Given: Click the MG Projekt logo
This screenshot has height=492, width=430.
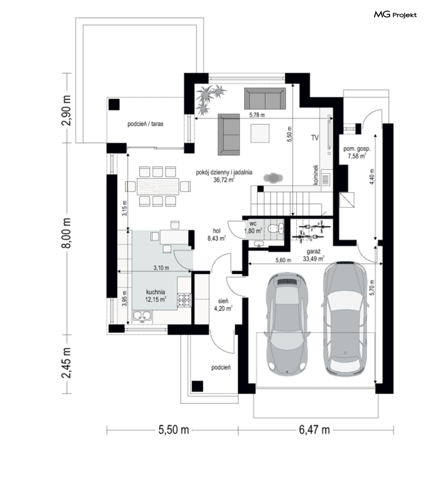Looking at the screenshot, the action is [x=395, y=15].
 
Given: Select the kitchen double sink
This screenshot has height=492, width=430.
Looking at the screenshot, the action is [x=142, y=316].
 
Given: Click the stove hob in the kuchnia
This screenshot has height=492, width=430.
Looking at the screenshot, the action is [x=184, y=300].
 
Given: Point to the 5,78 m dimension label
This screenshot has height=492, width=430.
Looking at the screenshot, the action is [x=257, y=115].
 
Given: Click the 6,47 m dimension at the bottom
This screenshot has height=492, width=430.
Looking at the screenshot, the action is [x=314, y=430].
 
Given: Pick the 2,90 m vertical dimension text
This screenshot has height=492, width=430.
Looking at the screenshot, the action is [x=66, y=110].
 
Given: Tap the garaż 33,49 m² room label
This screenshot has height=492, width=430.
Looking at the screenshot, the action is [x=314, y=255].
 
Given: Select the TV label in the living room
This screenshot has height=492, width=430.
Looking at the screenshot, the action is [x=315, y=138].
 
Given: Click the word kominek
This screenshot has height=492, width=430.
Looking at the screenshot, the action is [x=315, y=175].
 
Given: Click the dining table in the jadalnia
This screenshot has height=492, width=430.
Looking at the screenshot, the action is [x=158, y=187].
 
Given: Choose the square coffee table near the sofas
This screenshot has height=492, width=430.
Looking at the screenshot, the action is [x=260, y=133].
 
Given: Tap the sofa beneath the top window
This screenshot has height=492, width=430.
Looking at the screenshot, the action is [x=265, y=98].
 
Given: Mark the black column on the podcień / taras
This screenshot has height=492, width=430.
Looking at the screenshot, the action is [x=114, y=105].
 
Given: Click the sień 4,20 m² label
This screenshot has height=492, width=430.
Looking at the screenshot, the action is [x=223, y=305].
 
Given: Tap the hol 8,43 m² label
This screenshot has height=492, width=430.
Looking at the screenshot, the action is [x=217, y=235].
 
